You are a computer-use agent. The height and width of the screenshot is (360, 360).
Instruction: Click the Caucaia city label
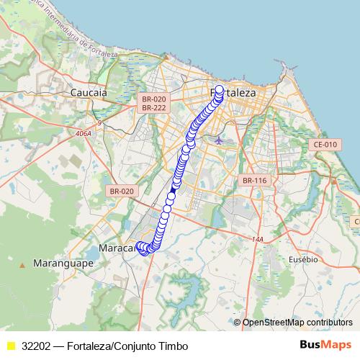[x=89, y=93]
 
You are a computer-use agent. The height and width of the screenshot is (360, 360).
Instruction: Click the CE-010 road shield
[x=325, y=145]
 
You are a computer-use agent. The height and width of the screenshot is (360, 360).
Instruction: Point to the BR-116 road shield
[x=254, y=180]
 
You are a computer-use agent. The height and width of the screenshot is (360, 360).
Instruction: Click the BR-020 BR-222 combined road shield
[x=154, y=103]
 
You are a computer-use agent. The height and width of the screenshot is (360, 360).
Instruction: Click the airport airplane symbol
[x=219, y=140]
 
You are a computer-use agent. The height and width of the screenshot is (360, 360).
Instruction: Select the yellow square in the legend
[x=11, y=346]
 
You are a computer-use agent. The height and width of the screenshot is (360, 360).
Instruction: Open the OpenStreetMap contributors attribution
[x=297, y=323]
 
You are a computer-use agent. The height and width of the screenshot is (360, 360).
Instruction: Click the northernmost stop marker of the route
[x=220, y=91]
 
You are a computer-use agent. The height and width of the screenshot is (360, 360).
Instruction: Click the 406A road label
[x=84, y=133]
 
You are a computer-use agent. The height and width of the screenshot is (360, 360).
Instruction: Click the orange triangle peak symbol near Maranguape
[x=22, y=265]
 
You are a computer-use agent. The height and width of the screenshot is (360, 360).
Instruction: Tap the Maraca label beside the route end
[x=115, y=248]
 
